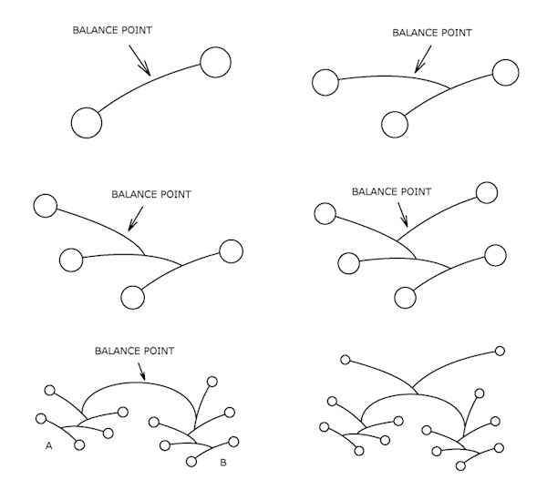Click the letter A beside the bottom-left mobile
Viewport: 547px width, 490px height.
coord(49,445)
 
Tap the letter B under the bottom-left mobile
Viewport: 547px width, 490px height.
coord(223,463)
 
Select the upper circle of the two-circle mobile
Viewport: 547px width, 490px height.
coord(215,62)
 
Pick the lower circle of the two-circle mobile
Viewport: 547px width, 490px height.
coord(87,123)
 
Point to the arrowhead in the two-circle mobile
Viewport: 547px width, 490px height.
coord(146,69)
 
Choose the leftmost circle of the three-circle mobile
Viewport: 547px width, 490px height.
coord(325,82)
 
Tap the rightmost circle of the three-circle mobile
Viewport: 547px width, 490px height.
coord(505,73)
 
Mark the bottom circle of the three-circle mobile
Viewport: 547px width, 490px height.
coord(395,125)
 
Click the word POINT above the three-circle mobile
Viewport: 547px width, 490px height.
coord(457,33)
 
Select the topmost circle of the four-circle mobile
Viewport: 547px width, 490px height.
coord(46,206)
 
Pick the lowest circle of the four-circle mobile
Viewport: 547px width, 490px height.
coord(132,297)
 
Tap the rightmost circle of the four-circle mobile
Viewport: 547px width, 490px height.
coord(231,251)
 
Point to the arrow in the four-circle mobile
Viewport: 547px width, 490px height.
coord(135,219)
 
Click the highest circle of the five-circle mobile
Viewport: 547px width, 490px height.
coord(487,192)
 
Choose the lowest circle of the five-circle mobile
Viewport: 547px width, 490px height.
coord(405,298)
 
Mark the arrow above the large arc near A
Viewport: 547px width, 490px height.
coord(141,372)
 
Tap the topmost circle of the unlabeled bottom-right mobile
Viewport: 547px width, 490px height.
coord(500,351)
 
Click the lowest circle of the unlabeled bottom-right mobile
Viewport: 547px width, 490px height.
coord(460,466)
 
